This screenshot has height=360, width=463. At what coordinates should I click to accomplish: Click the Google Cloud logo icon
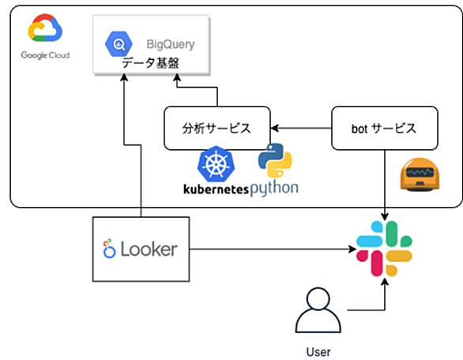pyautogui.click(x=45, y=28)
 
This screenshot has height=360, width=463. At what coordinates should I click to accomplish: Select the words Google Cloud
pyautogui.click(x=45, y=55)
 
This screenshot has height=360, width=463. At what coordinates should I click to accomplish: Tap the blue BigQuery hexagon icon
pyautogui.click(x=119, y=44)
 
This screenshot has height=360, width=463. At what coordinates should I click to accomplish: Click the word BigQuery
pyautogui.click(x=171, y=44)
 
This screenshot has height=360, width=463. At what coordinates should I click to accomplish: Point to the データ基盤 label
pyautogui.click(x=151, y=62)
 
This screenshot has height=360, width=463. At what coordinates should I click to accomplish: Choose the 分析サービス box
pyautogui.click(x=217, y=128)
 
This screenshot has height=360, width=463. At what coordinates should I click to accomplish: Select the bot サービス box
pyautogui.click(x=385, y=128)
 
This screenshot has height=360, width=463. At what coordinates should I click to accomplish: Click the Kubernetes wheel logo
pyautogui.click(x=216, y=163)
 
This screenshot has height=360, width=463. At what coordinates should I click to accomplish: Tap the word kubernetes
pyautogui.click(x=216, y=189)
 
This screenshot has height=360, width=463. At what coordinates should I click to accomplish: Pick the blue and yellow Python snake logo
pyautogui.click(x=275, y=160)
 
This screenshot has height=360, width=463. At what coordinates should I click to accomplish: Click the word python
pyautogui.click(x=274, y=188)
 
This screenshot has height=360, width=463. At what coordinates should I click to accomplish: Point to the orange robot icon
pyautogui.click(x=420, y=174)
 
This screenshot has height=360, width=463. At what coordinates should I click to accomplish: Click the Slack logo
pyautogui.click(x=384, y=249)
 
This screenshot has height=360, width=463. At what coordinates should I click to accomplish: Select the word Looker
pyautogui.click(x=149, y=249)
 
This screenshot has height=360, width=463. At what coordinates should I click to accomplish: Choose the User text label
pyautogui.click(x=318, y=352)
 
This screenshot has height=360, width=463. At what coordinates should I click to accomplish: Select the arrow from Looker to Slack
pyautogui.click(x=273, y=249)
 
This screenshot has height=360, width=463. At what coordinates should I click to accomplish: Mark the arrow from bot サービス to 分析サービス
pyautogui.click(x=301, y=128)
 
